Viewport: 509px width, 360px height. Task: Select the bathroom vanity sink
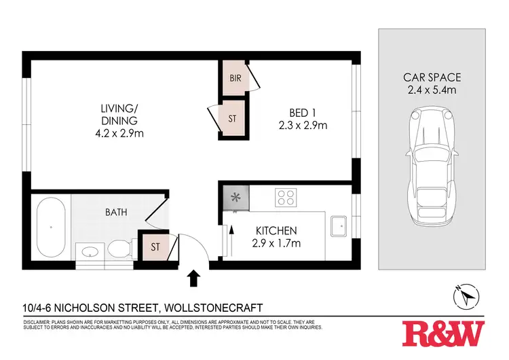89,252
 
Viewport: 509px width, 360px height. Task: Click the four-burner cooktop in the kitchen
286,198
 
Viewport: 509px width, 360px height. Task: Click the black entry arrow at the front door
193,277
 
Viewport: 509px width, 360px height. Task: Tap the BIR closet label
235,79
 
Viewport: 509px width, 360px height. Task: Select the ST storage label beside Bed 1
232,119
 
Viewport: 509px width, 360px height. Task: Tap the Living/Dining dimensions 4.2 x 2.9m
119,133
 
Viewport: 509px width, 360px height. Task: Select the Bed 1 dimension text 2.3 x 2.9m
303,125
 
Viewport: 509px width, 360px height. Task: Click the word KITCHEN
276,231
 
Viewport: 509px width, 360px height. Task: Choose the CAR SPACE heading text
432,76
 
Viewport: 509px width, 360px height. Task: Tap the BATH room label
115,213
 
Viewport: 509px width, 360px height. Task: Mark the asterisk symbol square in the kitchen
236,198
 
